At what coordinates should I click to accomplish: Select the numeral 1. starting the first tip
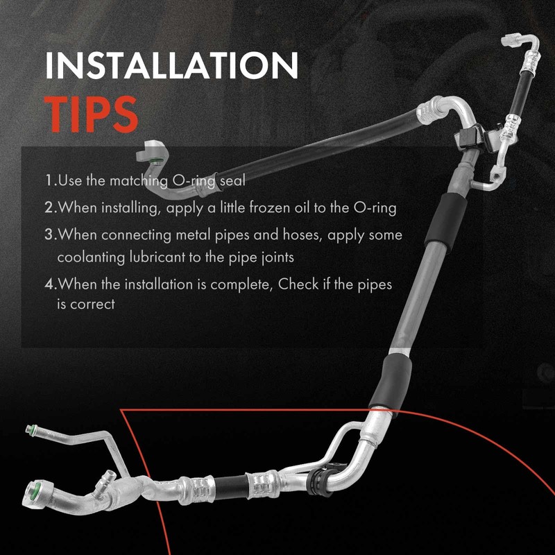[50, 181]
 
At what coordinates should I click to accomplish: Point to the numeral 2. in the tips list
[50, 207]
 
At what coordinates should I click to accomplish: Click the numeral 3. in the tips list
[50, 234]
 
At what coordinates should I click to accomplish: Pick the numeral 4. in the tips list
[50, 284]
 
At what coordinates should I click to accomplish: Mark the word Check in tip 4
[291, 284]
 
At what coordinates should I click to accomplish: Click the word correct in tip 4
[92, 303]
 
